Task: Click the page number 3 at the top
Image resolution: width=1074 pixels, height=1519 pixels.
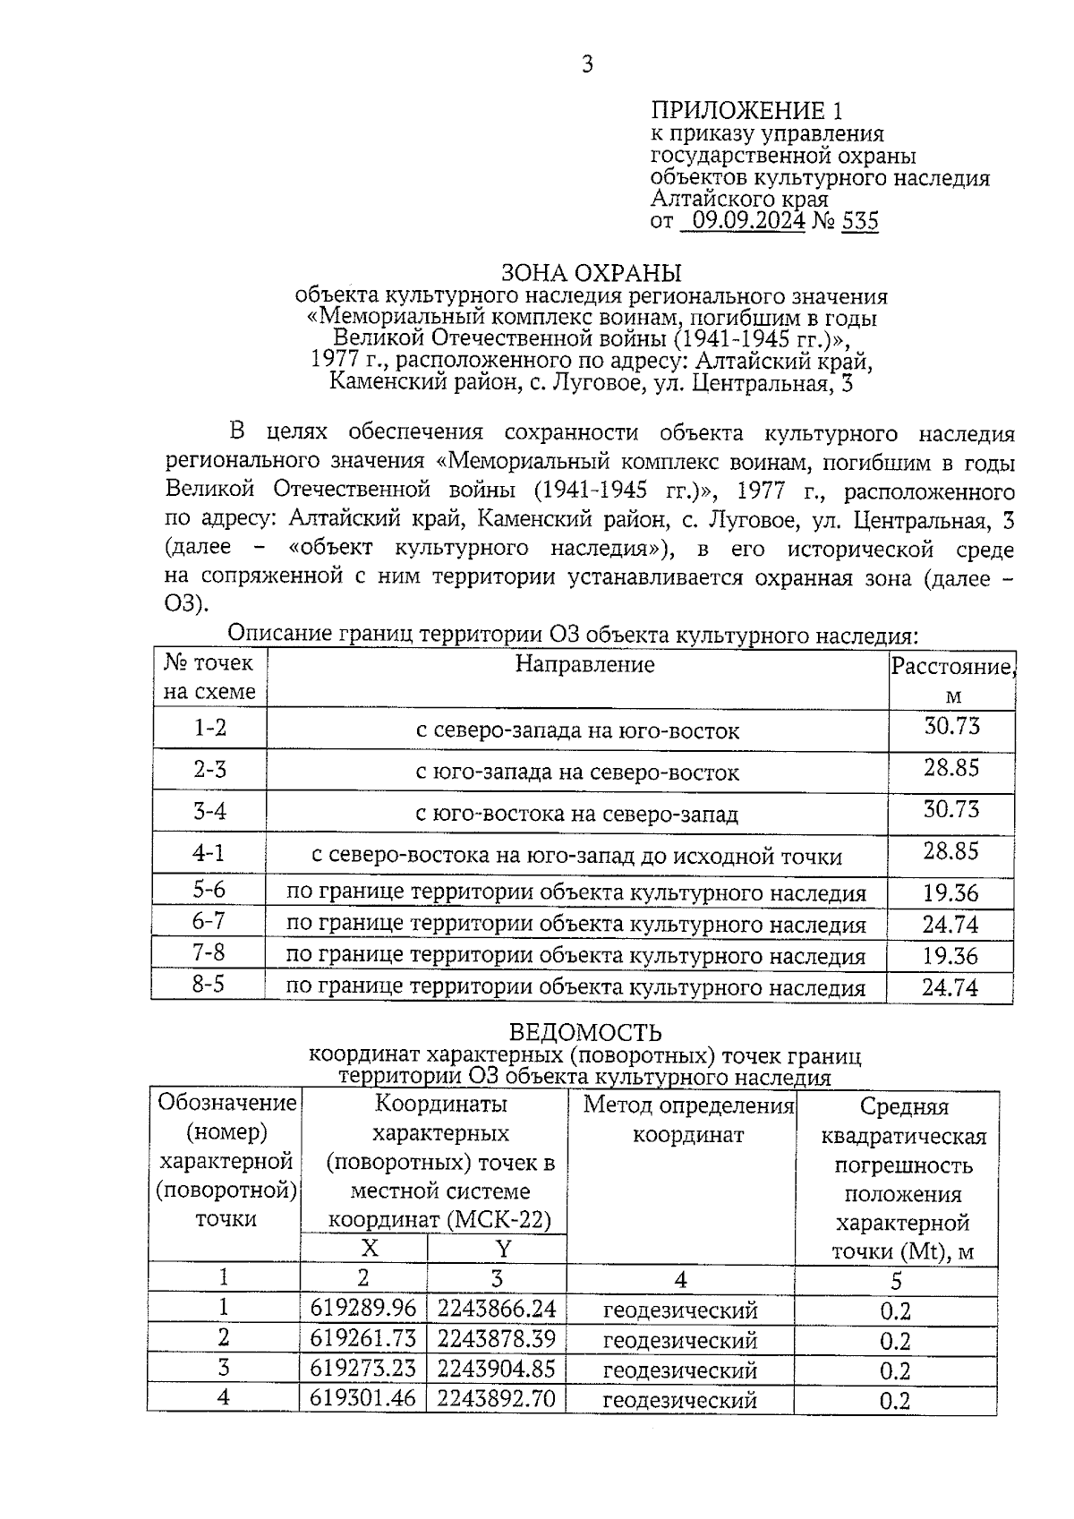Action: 587,64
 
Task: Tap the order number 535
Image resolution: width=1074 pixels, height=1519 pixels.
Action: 859,220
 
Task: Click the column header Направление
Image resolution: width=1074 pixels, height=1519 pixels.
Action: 584,664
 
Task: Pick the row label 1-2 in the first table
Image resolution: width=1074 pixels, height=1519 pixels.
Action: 210,728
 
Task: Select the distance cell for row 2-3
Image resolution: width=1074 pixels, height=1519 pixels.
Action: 951,768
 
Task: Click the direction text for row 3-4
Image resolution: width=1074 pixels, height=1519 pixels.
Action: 577,814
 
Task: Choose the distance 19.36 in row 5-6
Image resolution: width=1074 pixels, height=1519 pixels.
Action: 950,893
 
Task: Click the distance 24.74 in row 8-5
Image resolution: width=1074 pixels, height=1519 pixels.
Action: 950,988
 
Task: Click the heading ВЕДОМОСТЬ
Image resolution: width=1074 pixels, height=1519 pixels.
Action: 585,1034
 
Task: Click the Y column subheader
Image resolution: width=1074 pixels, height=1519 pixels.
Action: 503,1248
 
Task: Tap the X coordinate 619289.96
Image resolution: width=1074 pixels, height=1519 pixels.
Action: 363,1309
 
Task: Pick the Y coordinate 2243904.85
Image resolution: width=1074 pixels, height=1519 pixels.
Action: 496,1369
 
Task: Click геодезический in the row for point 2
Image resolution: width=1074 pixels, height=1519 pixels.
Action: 680,1340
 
